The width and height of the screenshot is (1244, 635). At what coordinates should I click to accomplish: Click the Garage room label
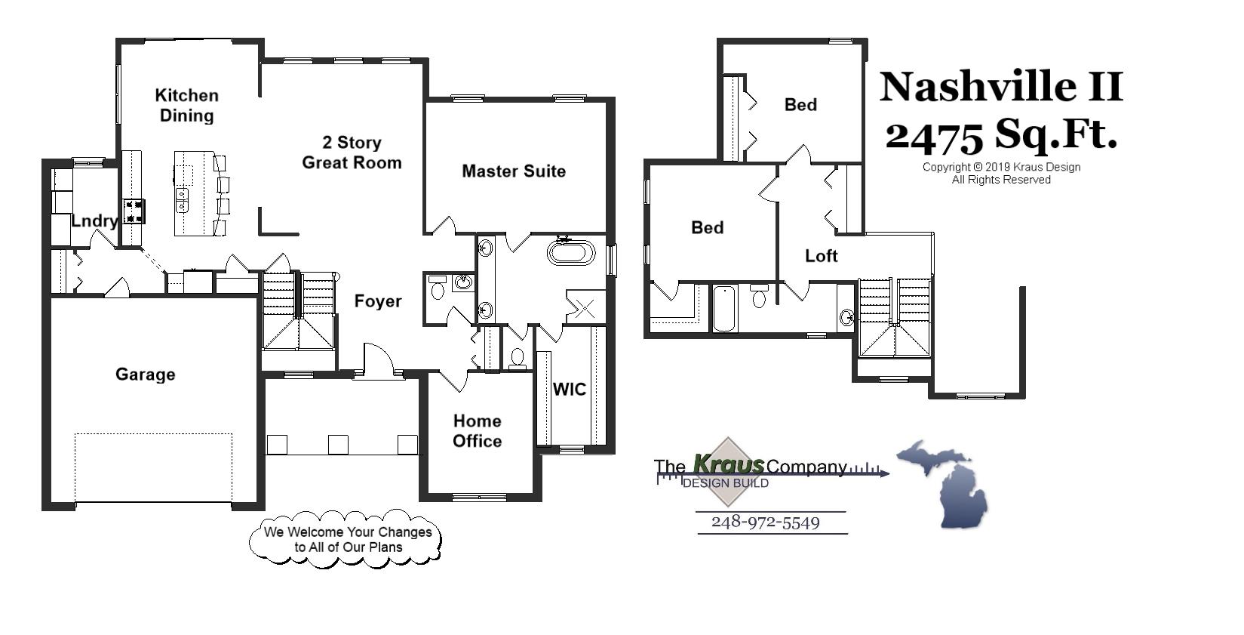click(145, 375)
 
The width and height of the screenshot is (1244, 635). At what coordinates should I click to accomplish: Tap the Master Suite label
click(513, 171)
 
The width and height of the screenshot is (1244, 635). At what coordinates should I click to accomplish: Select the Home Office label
click(477, 431)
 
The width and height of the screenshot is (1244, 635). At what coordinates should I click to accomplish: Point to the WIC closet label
click(569, 390)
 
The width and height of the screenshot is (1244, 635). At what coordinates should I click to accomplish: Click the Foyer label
click(377, 301)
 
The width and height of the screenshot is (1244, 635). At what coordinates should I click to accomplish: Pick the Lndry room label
click(94, 221)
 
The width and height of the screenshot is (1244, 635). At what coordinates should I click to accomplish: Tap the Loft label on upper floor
click(821, 256)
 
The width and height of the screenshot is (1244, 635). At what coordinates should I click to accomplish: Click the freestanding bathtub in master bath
click(570, 252)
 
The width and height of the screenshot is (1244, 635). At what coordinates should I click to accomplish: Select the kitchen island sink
click(183, 199)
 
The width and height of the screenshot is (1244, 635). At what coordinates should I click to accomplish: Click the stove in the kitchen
click(134, 211)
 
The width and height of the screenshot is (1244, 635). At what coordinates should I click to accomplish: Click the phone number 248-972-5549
click(765, 522)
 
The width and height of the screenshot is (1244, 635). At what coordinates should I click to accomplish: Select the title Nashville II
click(1000, 87)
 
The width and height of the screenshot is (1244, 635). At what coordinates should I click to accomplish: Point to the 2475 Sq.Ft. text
click(1000, 134)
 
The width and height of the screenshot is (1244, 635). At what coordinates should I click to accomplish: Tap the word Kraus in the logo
click(727, 463)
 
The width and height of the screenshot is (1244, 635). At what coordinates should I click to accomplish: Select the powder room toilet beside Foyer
click(437, 289)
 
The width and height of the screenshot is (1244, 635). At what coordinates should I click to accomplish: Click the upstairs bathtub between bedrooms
click(723, 308)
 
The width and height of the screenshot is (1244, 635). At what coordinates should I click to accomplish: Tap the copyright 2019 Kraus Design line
click(1000, 168)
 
